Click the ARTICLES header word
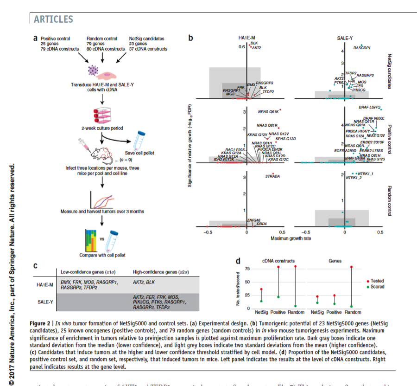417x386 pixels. point(53,19)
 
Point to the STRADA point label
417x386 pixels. point(272,177)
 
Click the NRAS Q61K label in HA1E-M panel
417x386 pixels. point(268,112)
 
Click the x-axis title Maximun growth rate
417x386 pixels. point(291,238)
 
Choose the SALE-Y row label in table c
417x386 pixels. point(45,302)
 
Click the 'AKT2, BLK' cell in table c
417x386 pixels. point(144,281)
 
